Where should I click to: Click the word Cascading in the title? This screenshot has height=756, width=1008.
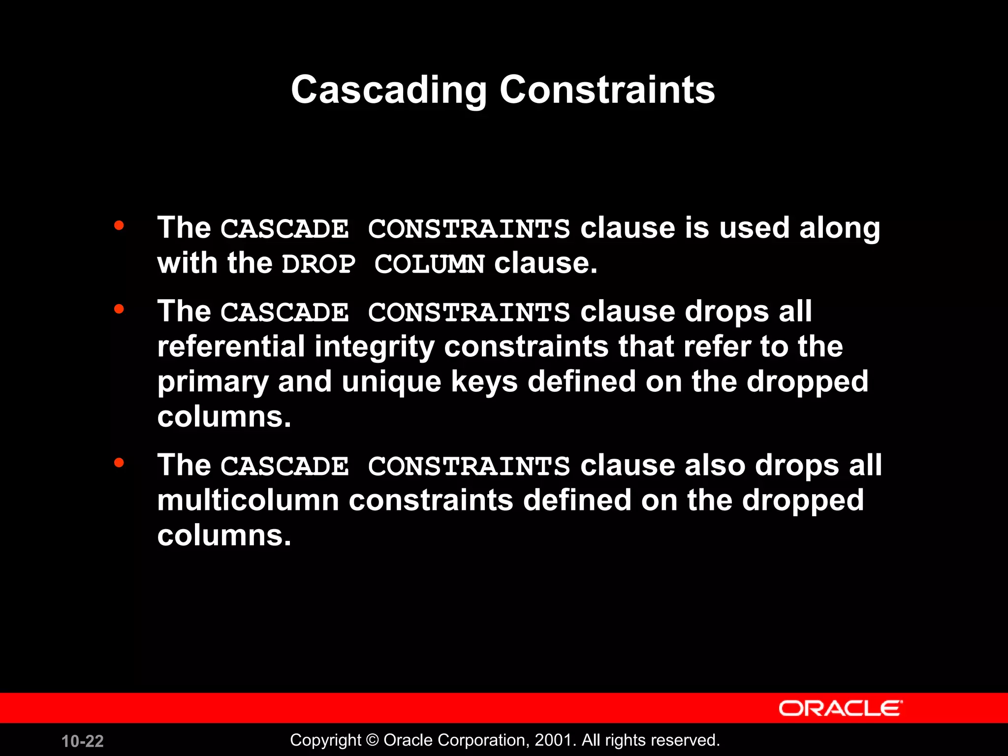pyautogui.click(x=389, y=91)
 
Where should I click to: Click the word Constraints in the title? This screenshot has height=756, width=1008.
pyautogui.click(x=607, y=90)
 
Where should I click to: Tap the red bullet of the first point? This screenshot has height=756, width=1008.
pyautogui.click(x=119, y=226)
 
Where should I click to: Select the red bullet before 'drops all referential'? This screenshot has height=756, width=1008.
pyautogui.click(x=119, y=310)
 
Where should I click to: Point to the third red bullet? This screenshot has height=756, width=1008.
pyautogui.click(x=119, y=463)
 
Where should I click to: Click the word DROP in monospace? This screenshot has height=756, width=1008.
pyautogui.click(x=318, y=264)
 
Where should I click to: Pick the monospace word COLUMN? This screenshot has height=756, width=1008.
pyautogui.click(x=429, y=264)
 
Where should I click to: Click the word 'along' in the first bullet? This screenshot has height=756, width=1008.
pyautogui.click(x=840, y=229)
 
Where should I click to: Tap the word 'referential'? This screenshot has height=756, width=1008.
pyautogui.click(x=231, y=346)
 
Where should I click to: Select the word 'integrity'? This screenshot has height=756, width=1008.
pyautogui.click(x=375, y=347)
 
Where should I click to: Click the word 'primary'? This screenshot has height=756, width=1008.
pyautogui.click(x=213, y=382)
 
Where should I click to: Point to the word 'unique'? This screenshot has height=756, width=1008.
pyautogui.click(x=391, y=382)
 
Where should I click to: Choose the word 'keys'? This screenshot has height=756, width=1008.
pyautogui.click(x=484, y=382)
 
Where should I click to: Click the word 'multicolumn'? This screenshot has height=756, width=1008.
pyautogui.click(x=248, y=500)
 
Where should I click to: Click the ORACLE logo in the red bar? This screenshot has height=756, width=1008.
pyautogui.click(x=840, y=709)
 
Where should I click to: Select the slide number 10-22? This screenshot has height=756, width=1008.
pyautogui.click(x=83, y=741)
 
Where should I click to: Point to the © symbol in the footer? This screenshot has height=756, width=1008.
pyautogui.click(x=373, y=740)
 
